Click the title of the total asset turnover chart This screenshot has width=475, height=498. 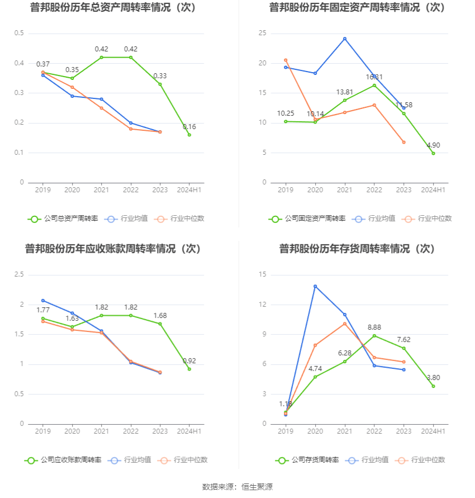(x=114, y=8)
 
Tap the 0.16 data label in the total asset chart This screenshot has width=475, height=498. (x=189, y=127)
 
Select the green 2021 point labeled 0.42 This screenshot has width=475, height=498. (x=101, y=58)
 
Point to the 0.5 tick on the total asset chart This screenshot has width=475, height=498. (x=19, y=33)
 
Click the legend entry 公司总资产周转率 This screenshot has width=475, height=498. (x=63, y=219)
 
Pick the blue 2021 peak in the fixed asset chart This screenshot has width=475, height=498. (x=345, y=39)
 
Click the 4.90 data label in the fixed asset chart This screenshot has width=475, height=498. (x=433, y=145)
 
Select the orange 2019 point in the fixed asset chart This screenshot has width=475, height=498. (x=286, y=60)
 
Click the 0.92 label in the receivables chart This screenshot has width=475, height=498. (x=189, y=361)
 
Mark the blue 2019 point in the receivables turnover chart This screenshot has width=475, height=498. (x=43, y=301)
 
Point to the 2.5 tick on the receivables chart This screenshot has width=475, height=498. (x=19, y=274)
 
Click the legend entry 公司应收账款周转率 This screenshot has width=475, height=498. (x=63, y=460)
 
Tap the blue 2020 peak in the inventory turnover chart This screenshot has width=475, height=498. (x=315, y=286)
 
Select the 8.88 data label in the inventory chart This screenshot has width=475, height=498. (x=374, y=327)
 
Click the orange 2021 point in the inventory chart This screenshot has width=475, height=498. (x=345, y=324)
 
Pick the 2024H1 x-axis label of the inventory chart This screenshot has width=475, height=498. (x=433, y=431)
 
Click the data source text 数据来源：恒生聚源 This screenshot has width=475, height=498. (x=237, y=487)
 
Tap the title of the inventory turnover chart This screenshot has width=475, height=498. (x=357, y=249)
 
